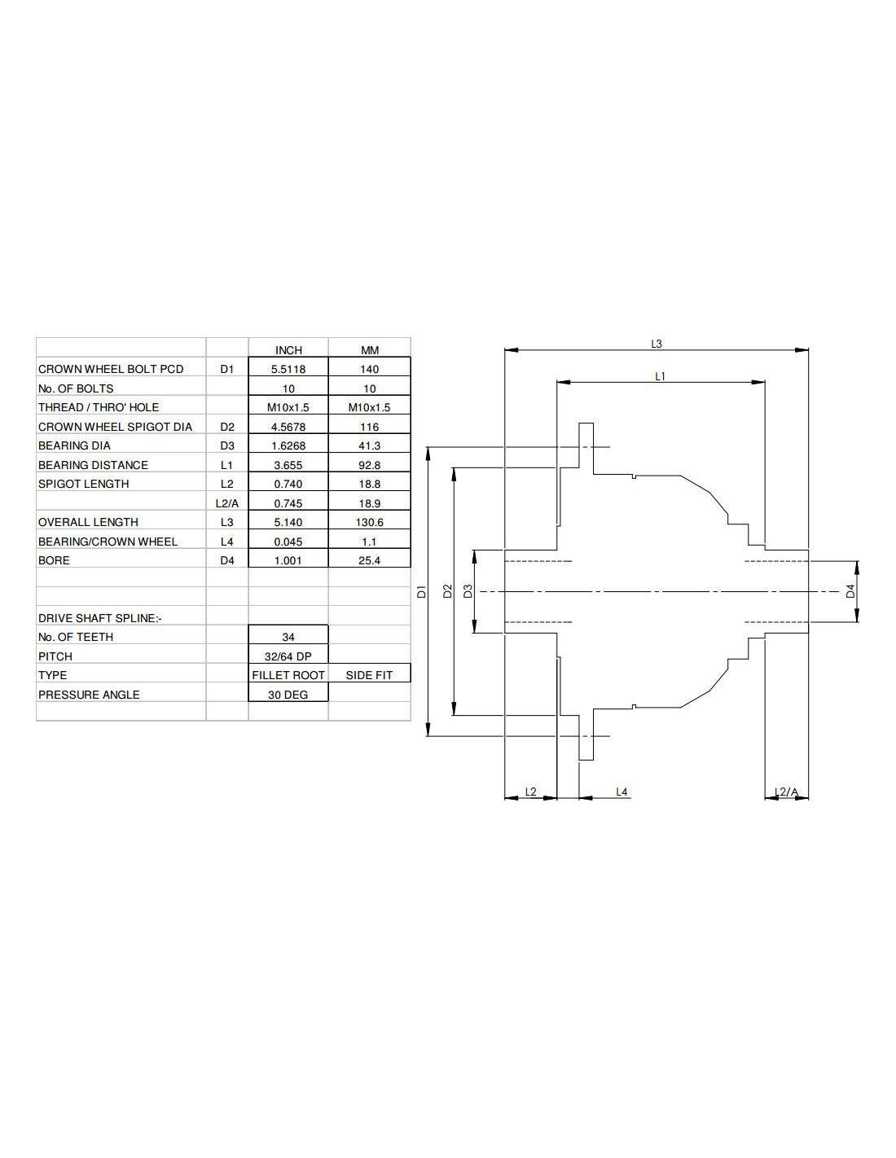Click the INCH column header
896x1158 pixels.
[288, 350]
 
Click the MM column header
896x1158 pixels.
[369, 350]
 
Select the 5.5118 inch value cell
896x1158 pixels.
[288, 369]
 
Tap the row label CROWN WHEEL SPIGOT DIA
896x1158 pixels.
[115, 427]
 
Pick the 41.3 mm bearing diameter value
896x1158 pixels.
[369, 445]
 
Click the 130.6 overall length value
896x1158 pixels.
[369, 522]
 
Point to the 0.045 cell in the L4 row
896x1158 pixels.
[288, 542]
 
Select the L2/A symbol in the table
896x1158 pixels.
[227, 503]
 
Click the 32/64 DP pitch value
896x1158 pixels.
[288, 656]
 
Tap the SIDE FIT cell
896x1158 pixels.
[369, 675]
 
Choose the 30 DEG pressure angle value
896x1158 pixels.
[288, 695]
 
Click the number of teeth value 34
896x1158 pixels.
[288, 637]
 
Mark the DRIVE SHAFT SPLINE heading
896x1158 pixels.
[99, 618]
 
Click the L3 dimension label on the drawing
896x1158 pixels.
[657, 344]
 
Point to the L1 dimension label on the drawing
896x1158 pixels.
[661, 376]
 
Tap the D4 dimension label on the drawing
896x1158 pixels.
[850, 592]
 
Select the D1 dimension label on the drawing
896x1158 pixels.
[421, 592]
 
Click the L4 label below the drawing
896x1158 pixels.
[621, 792]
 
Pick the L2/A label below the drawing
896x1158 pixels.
[787, 792]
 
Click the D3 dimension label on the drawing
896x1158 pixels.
[468, 592]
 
